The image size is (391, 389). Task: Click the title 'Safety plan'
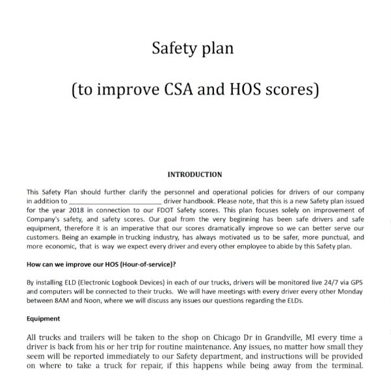[x=193, y=48]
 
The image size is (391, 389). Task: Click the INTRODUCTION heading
[x=195, y=174]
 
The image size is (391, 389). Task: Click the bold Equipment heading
[x=44, y=319]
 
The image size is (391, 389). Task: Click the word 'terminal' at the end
[x=340, y=366]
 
